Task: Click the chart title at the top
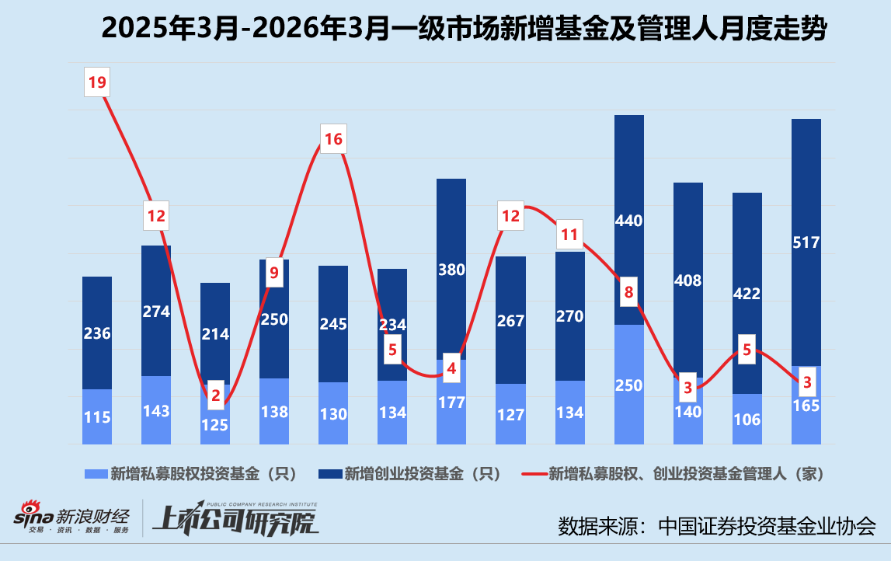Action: (x=465, y=30)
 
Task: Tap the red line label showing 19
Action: (x=96, y=82)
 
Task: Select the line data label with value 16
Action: (x=332, y=140)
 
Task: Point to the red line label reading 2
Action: (x=215, y=395)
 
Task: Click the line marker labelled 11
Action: (x=569, y=234)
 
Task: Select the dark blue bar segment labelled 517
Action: (x=806, y=242)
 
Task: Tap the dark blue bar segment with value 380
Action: (x=451, y=269)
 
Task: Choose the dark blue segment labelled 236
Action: (x=97, y=333)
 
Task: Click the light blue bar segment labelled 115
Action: (x=97, y=417)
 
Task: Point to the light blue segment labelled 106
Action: (x=747, y=420)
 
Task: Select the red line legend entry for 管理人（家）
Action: (x=672, y=473)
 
